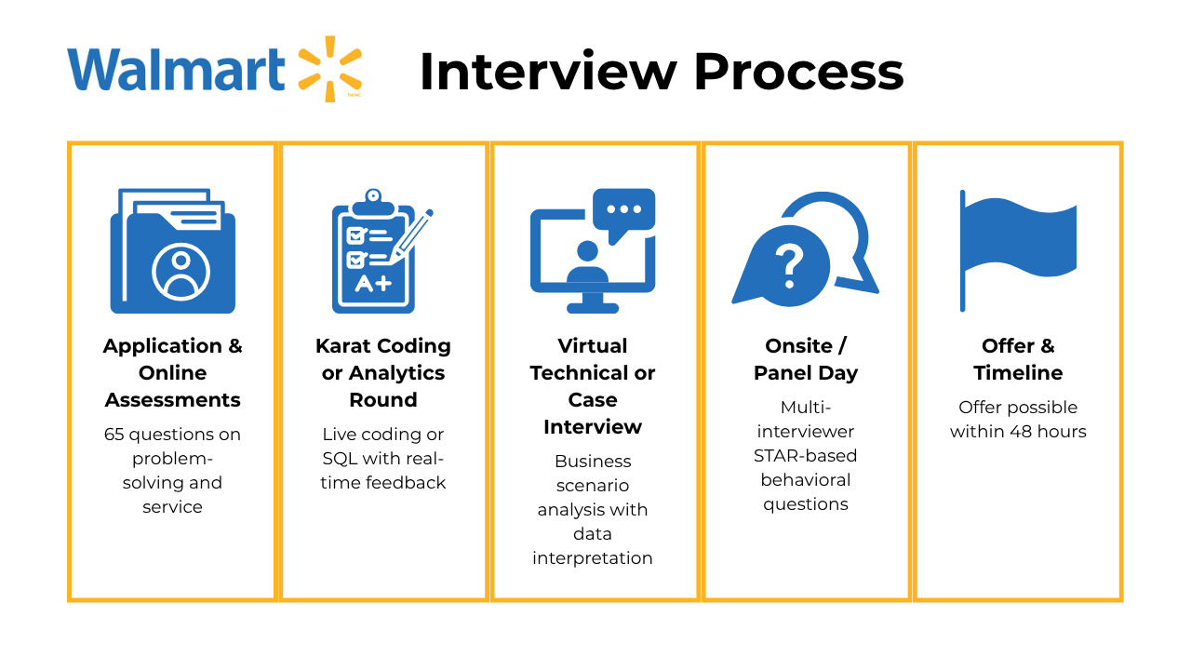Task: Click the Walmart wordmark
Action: (x=176, y=69)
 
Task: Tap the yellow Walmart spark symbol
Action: (x=329, y=68)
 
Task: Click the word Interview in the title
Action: (x=547, y=72)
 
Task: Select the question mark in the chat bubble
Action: (x=788, y=266)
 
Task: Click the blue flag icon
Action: (x=1017, y=249)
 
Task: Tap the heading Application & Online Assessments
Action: (x=173, y=372)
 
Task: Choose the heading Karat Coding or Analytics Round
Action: (x=383, y=372)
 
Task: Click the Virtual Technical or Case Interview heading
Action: (x=593, y=386)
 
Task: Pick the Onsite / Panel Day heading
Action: (x=806, y=359)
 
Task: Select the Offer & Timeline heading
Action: (x=1018, y=359)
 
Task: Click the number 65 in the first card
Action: (x=114, y=435)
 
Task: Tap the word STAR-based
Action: (x=805, y=456)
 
